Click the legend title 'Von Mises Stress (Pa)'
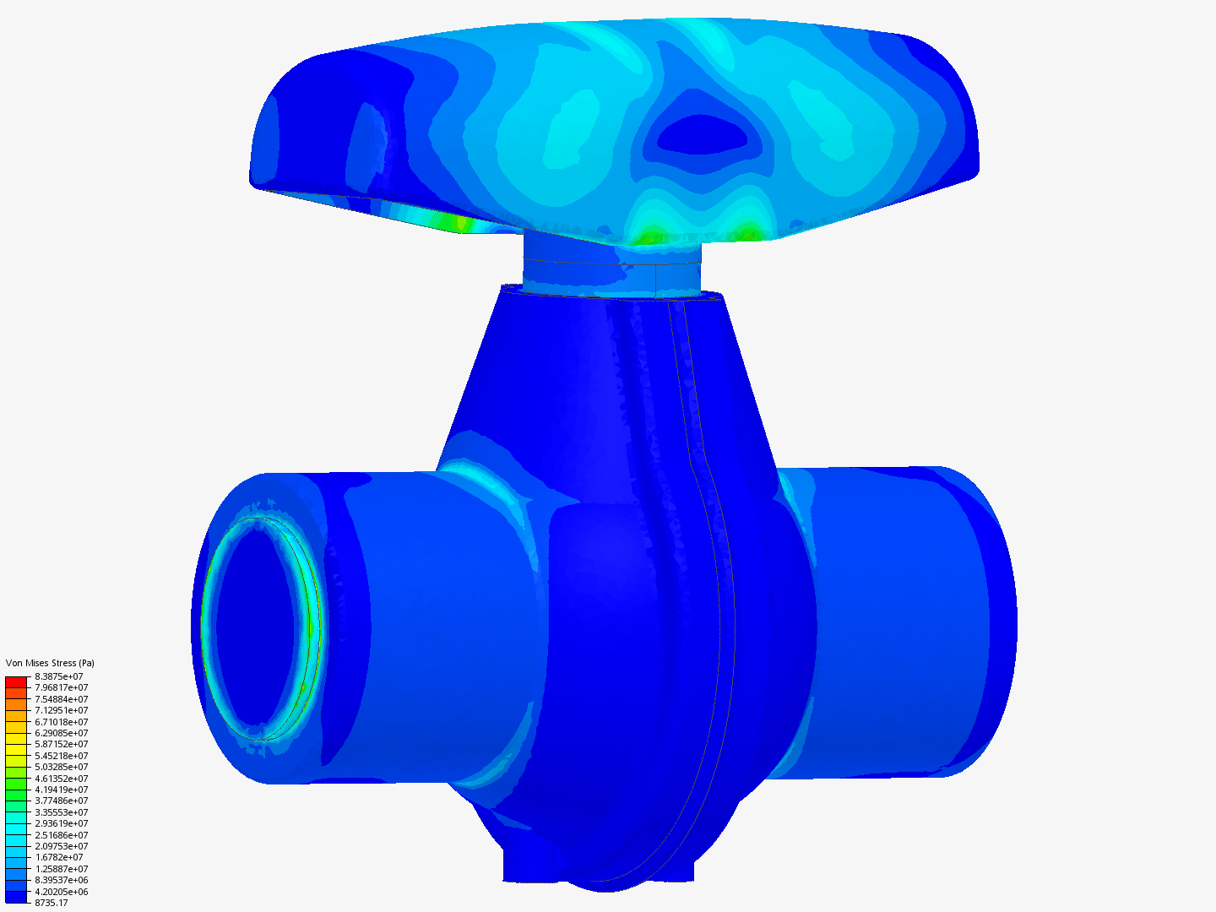click(50, 663)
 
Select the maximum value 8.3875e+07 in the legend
click(59, 676)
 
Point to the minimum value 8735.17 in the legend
click(52, 903)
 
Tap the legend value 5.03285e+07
click(61, 767)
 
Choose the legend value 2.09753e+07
click(61, 846)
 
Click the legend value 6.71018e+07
click(61, 722)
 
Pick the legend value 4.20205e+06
click(61, 892)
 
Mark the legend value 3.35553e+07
click(61, 812)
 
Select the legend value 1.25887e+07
click(61, 869)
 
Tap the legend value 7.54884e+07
click(61, 699)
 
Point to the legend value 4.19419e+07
click(61, 790)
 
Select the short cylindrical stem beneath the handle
click(612, 269)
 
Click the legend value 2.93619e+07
click(61, 823)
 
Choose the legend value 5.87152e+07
click(61, 744)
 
